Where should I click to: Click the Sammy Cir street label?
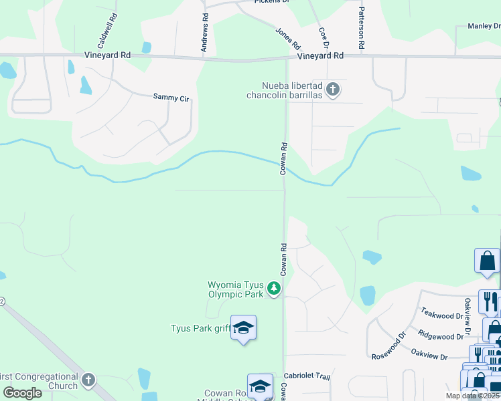coord(171,98)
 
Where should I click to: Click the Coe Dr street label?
coord(324,37)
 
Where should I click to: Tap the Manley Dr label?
coord(484,26)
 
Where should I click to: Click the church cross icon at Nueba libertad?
coord(333,90)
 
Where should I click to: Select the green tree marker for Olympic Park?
coord(273,289)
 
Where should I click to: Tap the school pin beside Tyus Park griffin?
coord(243,328)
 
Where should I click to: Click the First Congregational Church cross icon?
coord(88,381)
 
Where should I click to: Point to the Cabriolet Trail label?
coord(307,377)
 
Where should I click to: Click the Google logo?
coord(23,393)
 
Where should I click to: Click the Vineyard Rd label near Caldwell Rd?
coord(106,57)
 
